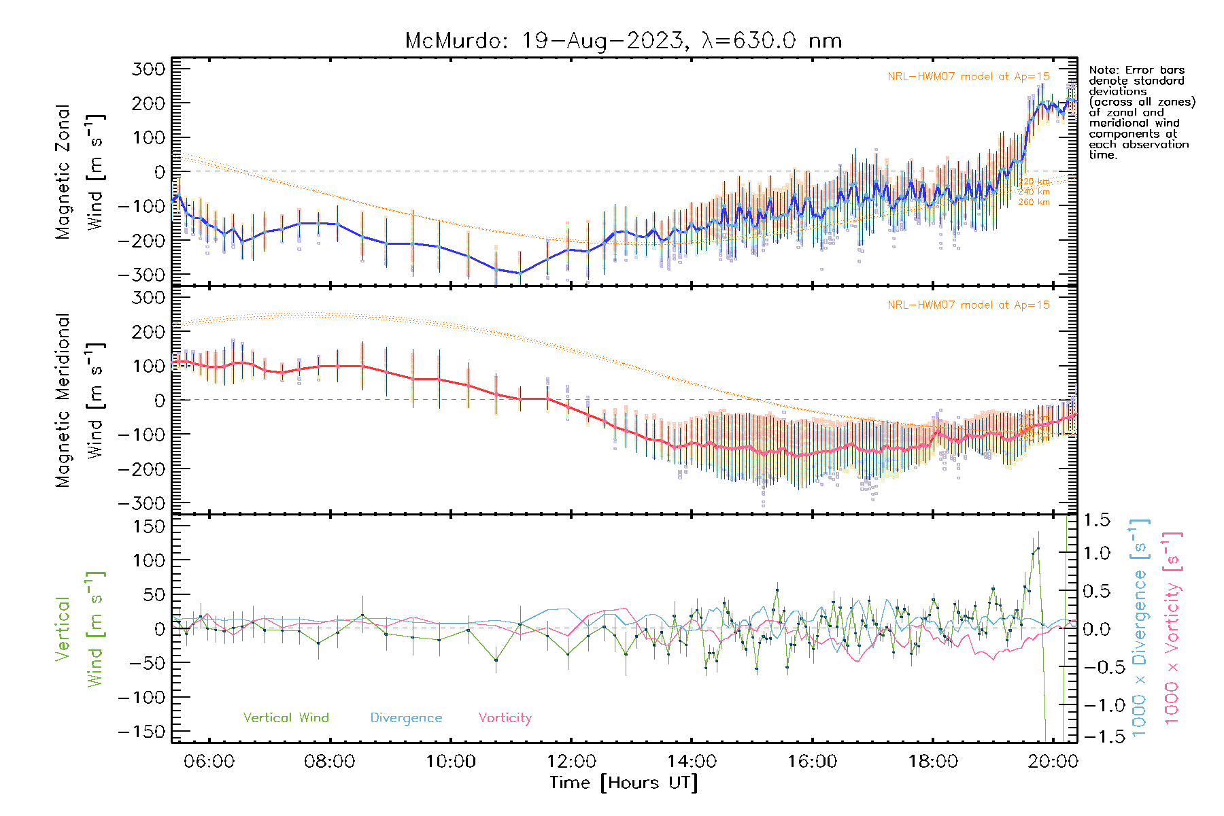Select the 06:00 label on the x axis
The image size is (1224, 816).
[x=209, y=761]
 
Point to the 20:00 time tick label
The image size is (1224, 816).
[x=1053, y=761]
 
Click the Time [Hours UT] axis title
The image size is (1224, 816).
[x=624, y=783]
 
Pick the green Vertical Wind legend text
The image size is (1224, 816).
[x=286, y=717]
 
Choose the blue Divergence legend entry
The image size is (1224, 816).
[x=406, y=717]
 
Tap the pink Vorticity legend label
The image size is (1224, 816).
[x=505, y=717]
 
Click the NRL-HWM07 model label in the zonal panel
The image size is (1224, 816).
[x=968, y=77]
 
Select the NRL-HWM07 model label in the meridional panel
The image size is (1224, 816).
[x=968, y=305]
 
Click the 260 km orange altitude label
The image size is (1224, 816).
[x=1034, y=202]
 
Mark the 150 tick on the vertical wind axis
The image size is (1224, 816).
[x=149, y=526]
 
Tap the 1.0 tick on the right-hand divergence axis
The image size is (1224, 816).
[x=1096, y=553]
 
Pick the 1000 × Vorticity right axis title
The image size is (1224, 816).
[x=1172, y=627]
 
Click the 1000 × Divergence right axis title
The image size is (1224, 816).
[x=1140, y=627]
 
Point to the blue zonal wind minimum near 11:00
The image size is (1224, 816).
[x=520, y=273]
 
